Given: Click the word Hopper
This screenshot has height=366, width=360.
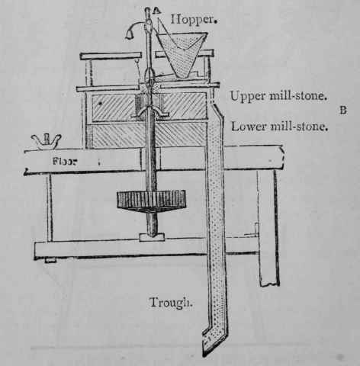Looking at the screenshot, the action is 194,20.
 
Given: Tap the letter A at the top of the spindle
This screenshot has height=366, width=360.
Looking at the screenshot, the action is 156,10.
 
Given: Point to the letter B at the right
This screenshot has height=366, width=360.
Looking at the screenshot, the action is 343,111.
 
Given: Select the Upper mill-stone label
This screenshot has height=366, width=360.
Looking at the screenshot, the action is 278,96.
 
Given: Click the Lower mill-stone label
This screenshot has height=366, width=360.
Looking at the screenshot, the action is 279,127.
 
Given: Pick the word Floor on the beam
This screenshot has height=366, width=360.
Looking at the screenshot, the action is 65,161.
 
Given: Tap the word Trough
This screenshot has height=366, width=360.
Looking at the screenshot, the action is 171,303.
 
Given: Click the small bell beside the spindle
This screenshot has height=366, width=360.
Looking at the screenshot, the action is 130,35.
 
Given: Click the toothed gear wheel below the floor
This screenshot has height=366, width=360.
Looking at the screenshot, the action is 151,201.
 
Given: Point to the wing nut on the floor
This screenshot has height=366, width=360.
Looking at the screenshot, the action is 47,142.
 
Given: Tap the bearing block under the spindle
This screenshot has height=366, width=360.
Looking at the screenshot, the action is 152,237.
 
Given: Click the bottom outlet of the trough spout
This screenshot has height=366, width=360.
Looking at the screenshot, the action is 208,345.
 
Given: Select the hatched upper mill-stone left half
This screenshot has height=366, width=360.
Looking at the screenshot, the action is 113,108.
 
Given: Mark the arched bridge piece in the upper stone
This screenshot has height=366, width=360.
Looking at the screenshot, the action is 149,112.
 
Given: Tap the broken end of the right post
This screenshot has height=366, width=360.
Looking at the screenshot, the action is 269,283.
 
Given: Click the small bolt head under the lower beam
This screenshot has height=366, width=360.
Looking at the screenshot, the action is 50,260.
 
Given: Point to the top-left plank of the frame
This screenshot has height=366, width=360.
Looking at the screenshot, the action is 111,56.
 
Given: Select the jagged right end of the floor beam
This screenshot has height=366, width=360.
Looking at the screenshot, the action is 281,157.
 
